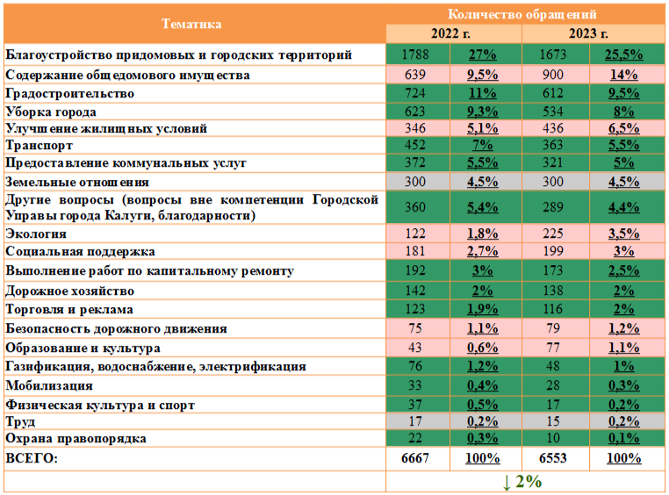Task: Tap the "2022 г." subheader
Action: point(454,33)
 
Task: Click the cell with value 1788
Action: point(414,54)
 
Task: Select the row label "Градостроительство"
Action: point(69,93)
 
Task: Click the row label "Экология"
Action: point(37,234)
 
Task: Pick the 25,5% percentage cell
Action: point(622,54)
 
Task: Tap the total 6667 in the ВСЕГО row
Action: point(414,458)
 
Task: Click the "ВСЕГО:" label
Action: point(30,458)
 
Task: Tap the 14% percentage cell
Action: point(622,75)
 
